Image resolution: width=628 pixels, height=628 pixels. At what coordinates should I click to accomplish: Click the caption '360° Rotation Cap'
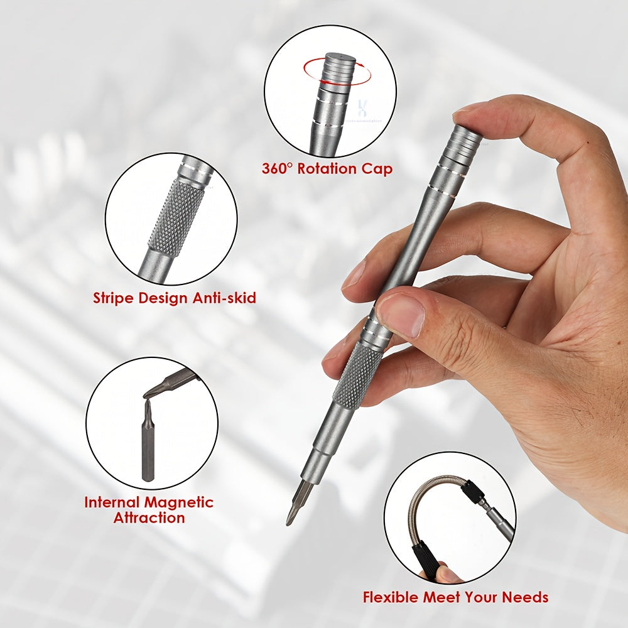tap(327, 169)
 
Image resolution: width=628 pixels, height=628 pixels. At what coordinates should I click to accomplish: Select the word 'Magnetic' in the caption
tap(180, 502)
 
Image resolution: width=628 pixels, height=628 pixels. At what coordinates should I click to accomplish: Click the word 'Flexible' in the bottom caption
tap(392, 597)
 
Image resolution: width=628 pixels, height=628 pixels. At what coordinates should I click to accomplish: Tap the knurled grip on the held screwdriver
tap(357, 376)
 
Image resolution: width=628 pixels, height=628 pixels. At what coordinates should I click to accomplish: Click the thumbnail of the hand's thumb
tap(402, 314)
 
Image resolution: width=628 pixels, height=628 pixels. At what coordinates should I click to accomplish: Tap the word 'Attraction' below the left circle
tap(149, 518)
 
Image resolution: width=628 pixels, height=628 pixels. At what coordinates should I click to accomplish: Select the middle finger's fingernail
tap(353, 274)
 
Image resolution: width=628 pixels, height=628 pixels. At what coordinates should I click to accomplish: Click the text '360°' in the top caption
tap(278, 169)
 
